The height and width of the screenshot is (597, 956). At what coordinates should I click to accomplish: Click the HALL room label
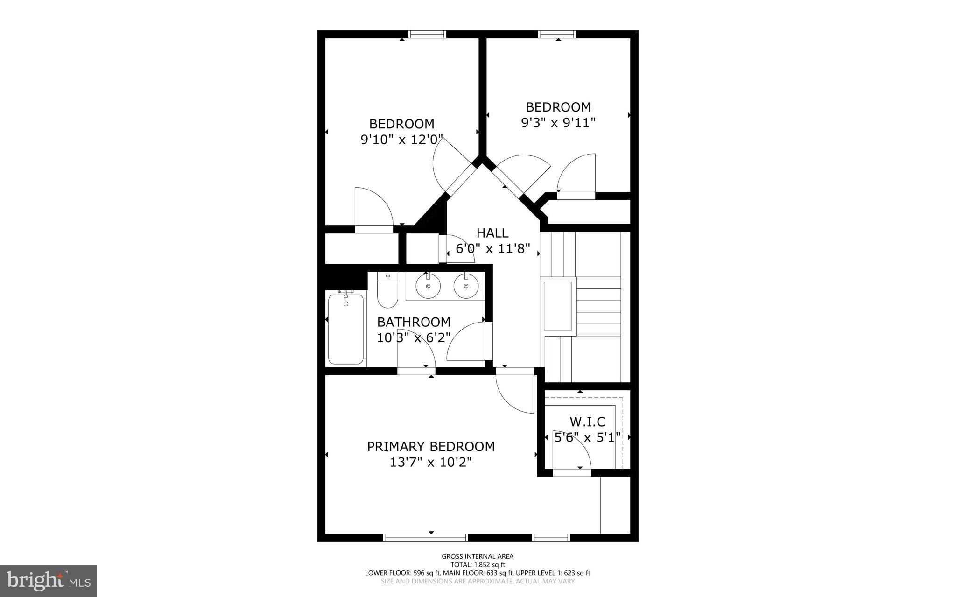(492, 232)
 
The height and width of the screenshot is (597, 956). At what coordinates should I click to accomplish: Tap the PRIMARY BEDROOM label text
(430, 447)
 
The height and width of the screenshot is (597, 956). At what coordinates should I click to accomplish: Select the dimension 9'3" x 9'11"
(558, 123)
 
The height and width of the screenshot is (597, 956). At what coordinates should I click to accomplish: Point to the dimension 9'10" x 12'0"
(401, 140)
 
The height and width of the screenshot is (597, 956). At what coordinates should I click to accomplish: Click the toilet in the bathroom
(387, 292)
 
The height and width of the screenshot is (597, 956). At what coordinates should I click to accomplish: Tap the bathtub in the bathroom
(345, 329)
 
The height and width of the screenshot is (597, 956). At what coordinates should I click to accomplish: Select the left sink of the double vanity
(428, 286)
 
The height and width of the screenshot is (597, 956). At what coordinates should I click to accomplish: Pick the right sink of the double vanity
(466, 286)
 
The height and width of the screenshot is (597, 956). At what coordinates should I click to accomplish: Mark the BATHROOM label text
(414, 322)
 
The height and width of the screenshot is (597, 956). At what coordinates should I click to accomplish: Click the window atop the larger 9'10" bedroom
(428, 34)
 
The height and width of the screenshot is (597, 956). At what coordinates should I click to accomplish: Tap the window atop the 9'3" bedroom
(557, 34)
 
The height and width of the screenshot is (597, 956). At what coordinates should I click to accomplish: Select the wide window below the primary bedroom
(425, 538)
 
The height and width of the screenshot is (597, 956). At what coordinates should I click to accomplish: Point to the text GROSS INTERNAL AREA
(478, 556)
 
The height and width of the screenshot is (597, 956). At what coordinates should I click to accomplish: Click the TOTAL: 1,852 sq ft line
(478, 564)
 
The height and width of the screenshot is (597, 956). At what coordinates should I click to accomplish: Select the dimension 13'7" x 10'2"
(430, 462)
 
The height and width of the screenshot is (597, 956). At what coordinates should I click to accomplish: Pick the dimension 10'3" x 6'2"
(414, 337)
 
